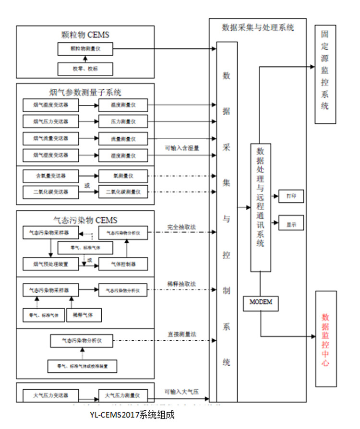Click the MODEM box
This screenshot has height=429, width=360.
(261, 303)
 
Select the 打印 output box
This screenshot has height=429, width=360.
(291, 196)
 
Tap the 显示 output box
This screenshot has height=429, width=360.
(291, 224)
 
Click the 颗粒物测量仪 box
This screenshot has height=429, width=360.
(85, 48)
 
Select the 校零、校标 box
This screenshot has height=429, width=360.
(85, 68)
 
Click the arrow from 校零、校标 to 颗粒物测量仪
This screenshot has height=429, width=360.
(85, 59)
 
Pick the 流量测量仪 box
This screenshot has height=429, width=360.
(123, 139)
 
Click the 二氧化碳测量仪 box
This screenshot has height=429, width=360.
(123, 192)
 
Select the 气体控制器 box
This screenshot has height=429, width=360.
(123, 263)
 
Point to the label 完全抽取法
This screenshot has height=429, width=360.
(181, 226)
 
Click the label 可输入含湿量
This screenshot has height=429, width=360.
(182, 148)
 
